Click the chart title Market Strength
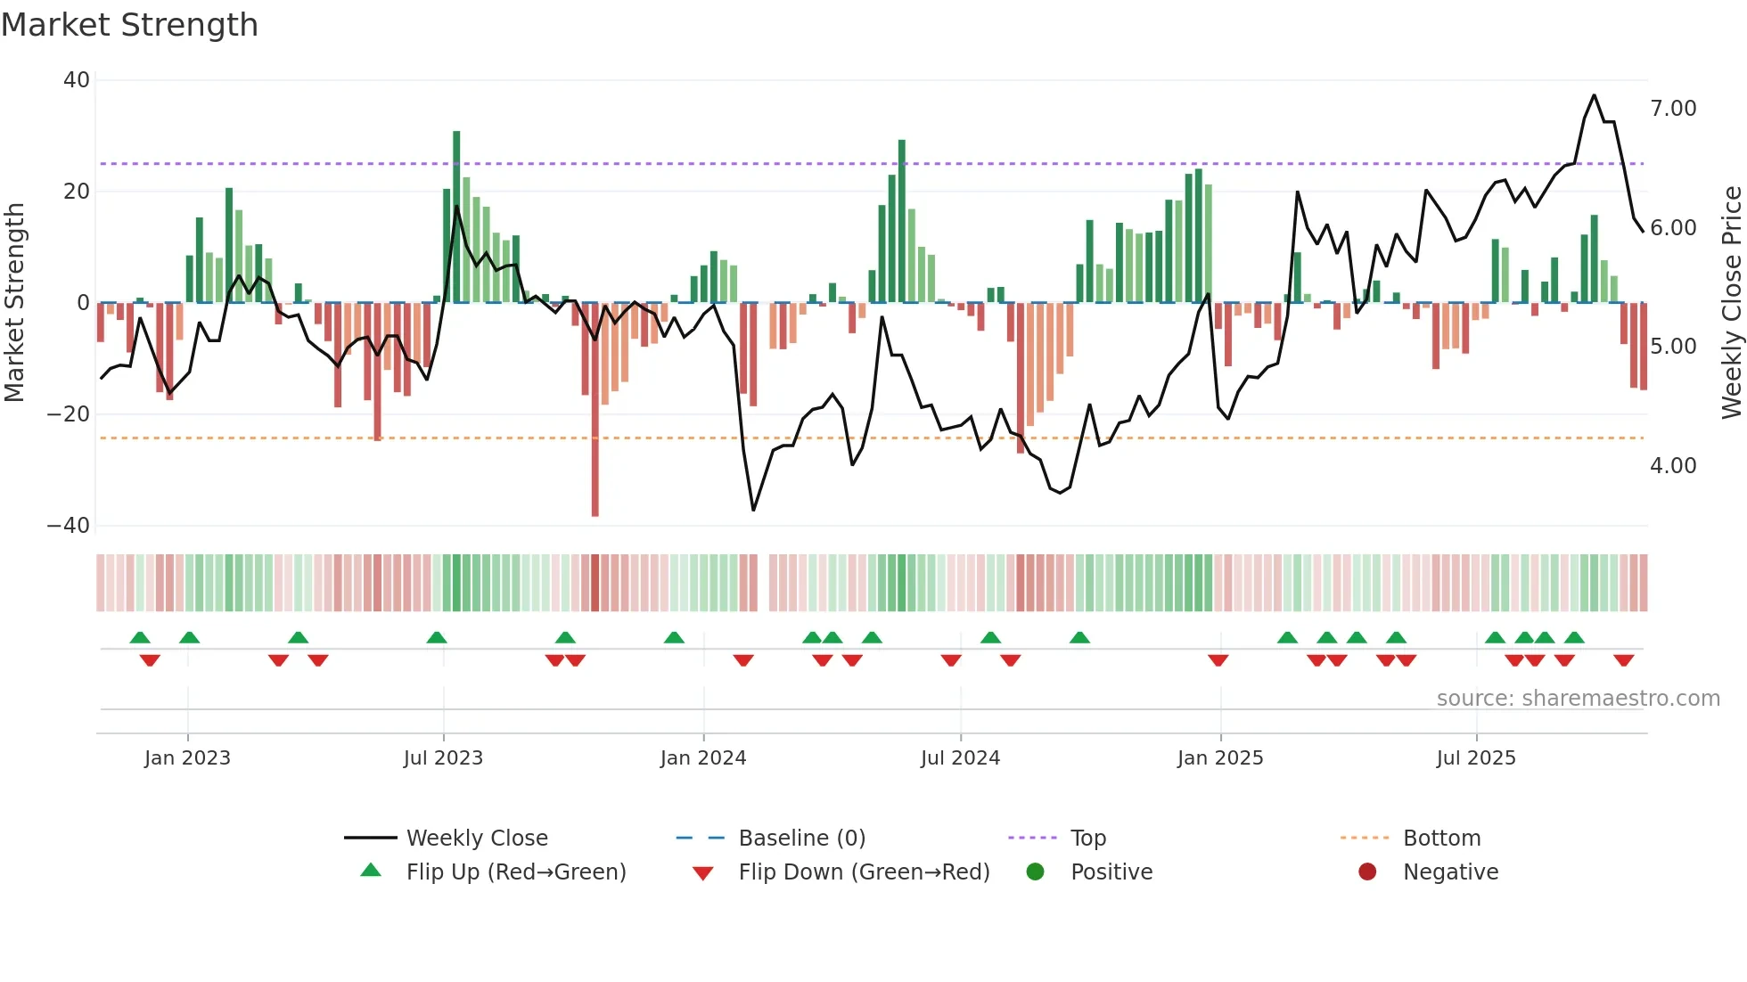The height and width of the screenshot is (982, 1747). coord(129,25)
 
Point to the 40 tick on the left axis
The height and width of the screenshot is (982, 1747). coord(77,80)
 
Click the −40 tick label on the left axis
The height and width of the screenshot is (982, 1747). coord(69,526)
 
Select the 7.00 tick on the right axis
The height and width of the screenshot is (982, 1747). coord(1673,109)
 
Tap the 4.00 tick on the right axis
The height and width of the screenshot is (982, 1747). coord(1673,466)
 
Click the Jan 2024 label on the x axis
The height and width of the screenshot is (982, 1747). coord(703,758)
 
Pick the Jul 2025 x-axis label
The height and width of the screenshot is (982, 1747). coord(1476,758)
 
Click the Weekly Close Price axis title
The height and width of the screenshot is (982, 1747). coord(1731,303)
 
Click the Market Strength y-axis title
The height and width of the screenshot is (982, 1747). coord(15,303)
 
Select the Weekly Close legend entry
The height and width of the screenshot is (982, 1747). coord(477,839)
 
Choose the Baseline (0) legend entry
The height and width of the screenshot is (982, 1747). coord(802,839)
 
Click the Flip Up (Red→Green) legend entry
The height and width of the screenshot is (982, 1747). coord(516,872)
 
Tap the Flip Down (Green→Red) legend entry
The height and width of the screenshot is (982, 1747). coord(864,872)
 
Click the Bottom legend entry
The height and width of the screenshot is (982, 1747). coord(1441,839)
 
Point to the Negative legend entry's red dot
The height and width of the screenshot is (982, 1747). coord(1367,872)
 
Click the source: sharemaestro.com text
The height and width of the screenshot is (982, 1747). coord(1578,699)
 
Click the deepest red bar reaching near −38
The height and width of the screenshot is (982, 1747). coord(595,410)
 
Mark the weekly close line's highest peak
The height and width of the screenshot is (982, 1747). coord(1595,96)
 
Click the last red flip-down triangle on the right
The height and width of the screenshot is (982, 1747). coord(1623,660)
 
